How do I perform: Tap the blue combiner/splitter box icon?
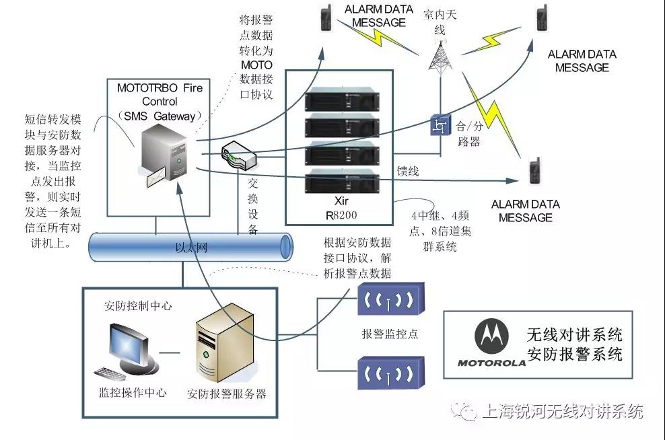440,126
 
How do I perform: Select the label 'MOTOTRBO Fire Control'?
160,94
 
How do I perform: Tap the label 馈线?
408,172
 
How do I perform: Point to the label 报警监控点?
390,334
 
